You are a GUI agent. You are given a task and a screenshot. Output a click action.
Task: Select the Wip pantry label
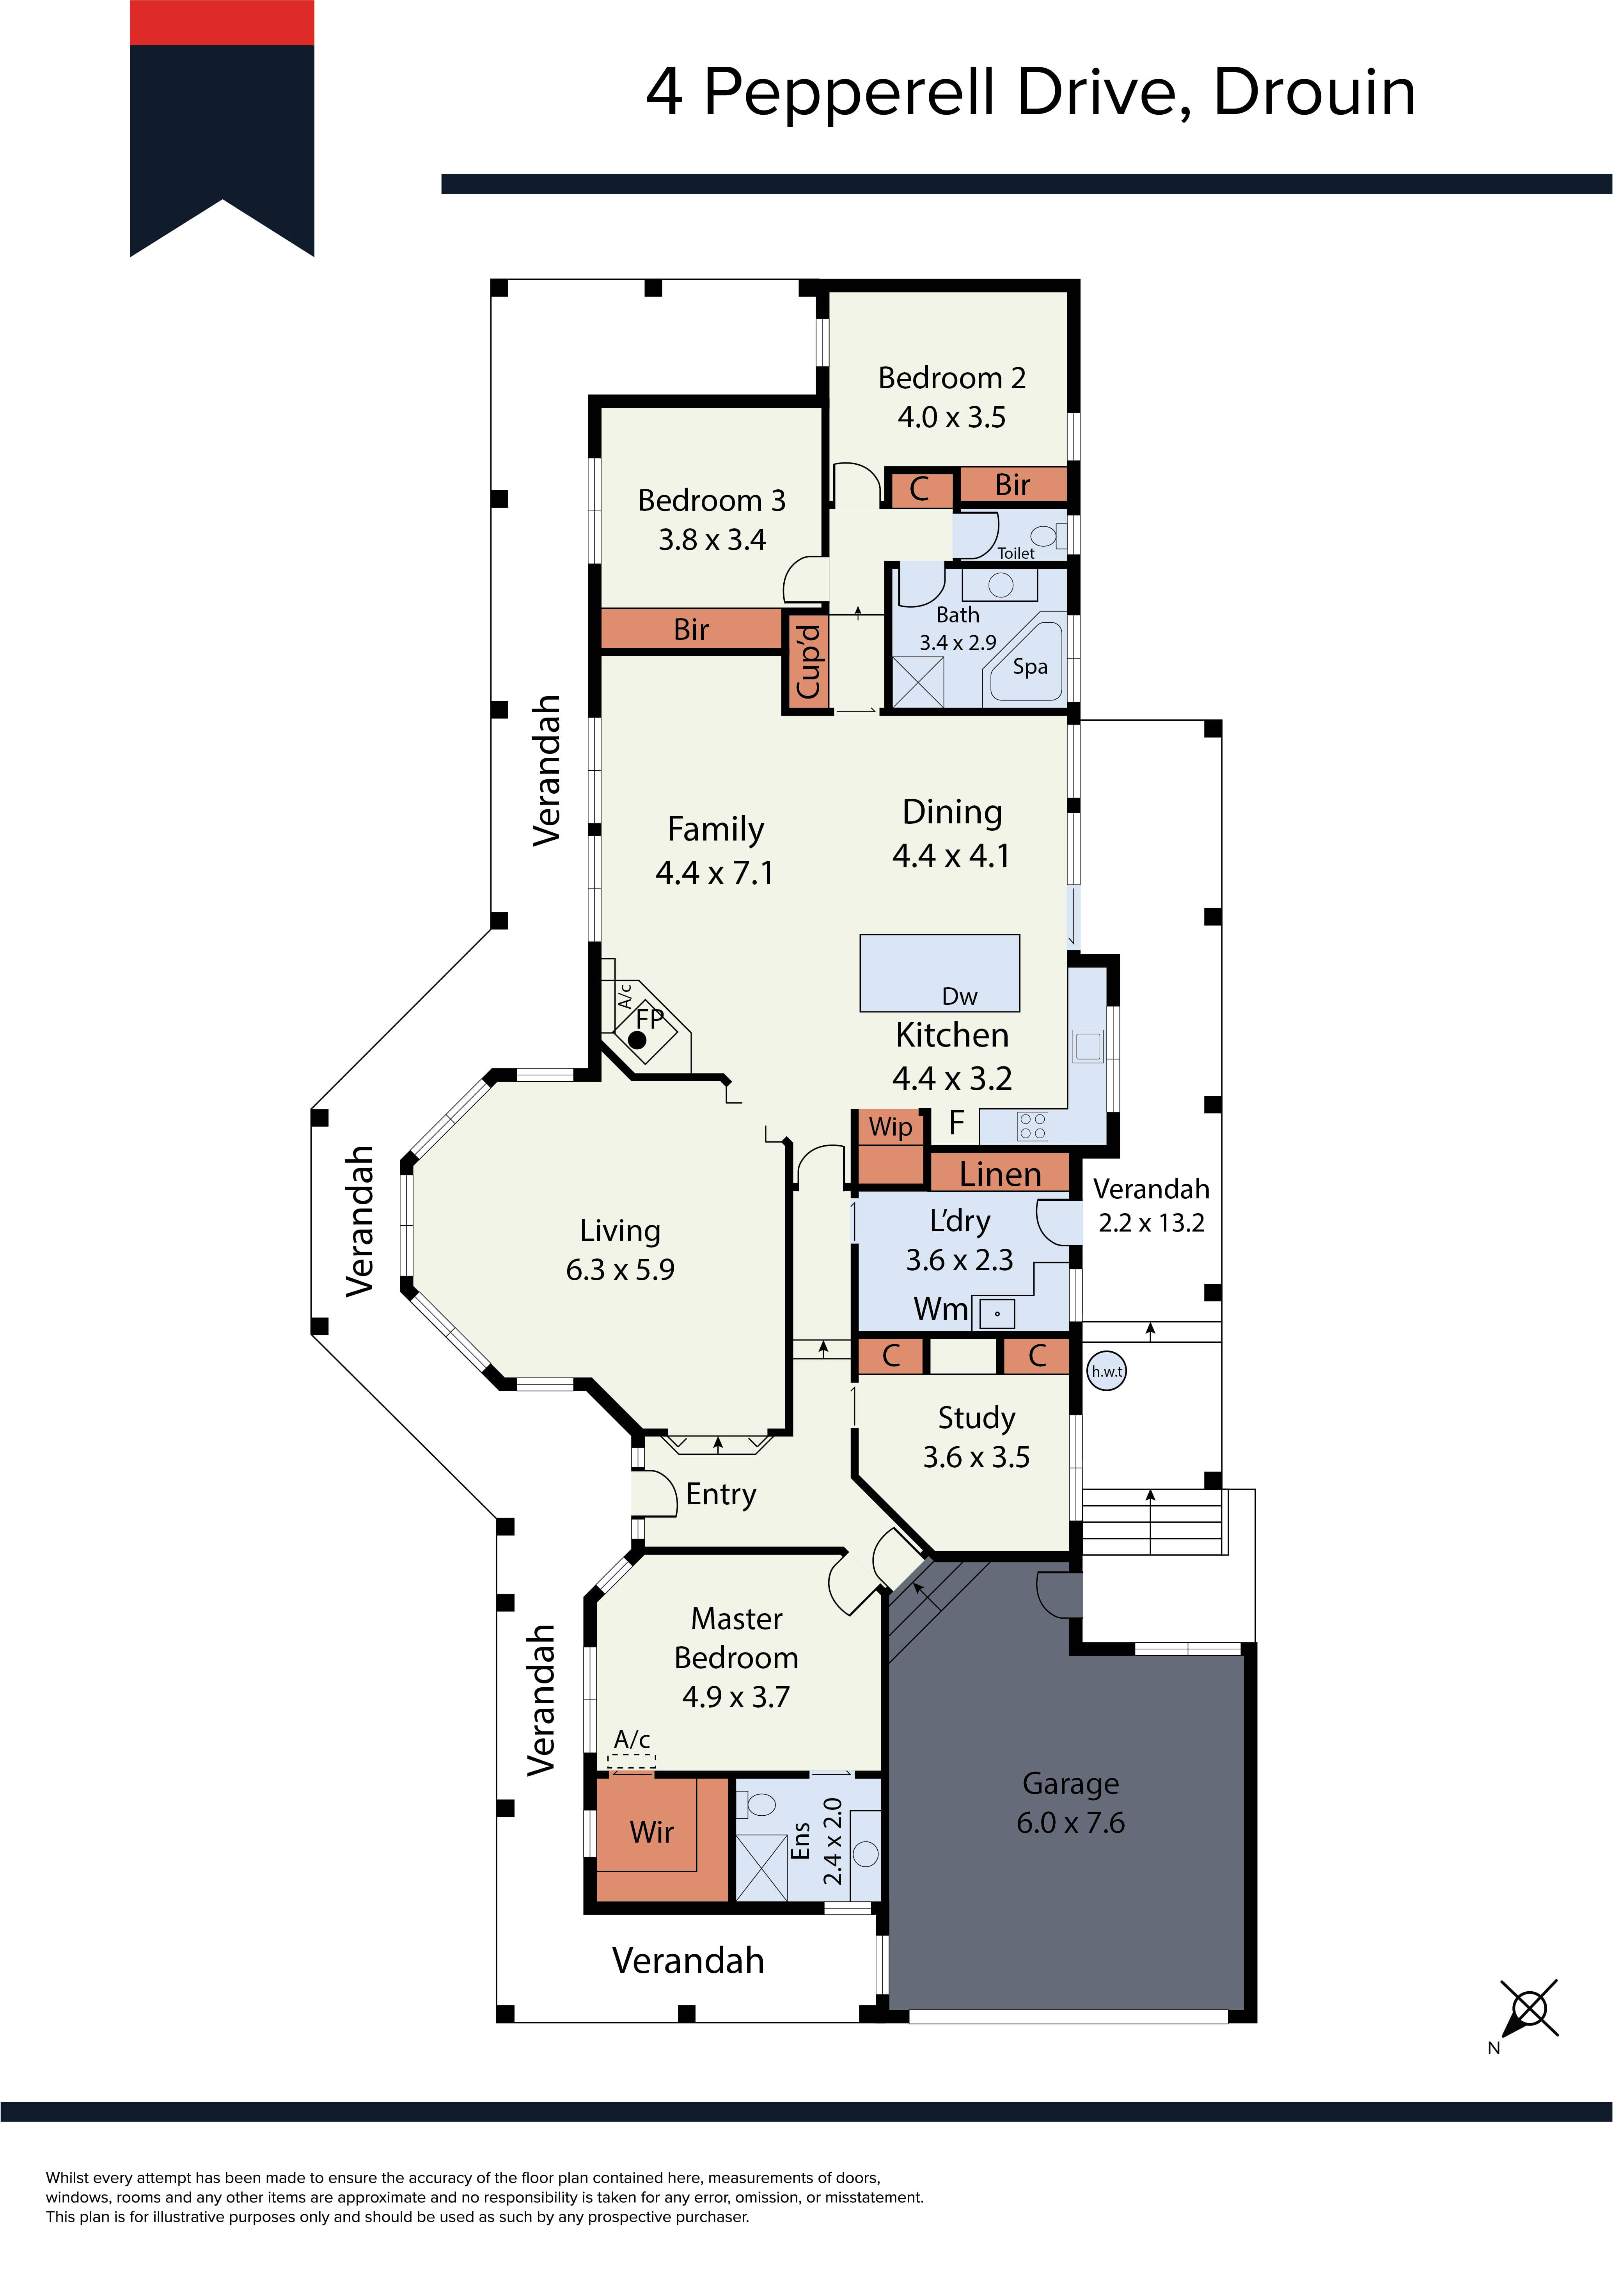coord(891,1127)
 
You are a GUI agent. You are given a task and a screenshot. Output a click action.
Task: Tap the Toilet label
coord(1016,554)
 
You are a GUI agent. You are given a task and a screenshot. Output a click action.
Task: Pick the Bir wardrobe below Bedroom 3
coord(692,629)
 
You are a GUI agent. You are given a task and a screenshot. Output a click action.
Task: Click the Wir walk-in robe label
coord(652,1832)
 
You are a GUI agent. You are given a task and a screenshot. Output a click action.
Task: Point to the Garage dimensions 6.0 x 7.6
coord(1070,1823)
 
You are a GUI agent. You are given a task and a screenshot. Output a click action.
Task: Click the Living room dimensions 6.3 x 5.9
coord(620,1269)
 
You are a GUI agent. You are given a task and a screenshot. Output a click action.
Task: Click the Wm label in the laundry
coord(940,1309)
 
